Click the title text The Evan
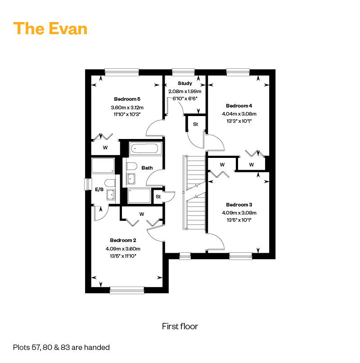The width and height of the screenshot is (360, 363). pyautogui.click(x=50, y=28)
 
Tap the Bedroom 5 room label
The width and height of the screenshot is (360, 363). pyautogui.click(x=127, y=99)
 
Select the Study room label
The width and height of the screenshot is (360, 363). pyautogui.click(x=185, y=83)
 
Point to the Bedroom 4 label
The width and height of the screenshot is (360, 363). pyautogui.click(x=239, y=106)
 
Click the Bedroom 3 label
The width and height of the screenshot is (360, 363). pyautogui.click(x=239, y=205)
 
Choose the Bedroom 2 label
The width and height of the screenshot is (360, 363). pyautogui.click(x=123, y=240)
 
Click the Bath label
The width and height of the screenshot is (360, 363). pyautogui.click(x=147, y=168)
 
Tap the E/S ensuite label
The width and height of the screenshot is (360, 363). pyautogui.click(x=99, y=189)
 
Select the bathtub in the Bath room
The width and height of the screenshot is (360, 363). pyautogui.click(x=145, y=148)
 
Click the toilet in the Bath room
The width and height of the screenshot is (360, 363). pyautogui.click(x=132, y=166)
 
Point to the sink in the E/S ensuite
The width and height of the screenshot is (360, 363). pyautogui.click(x=111, y=195)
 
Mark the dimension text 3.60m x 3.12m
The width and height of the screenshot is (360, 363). pyautogui.click(x=127, y=108)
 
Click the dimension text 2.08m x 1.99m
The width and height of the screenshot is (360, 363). pyautogui.click(x=185, y=91)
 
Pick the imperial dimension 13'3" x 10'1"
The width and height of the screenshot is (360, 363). pyautogui.click(x=239, y=121)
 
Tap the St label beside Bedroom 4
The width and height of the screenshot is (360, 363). pyautogui.click(x=195, y=124)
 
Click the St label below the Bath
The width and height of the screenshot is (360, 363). pyautogui.click(x=158, y=197)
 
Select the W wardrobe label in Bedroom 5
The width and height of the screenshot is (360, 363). pyautogui.click(x=105, y=148)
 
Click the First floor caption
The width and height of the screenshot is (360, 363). pyautogui.click(x=180, y=327)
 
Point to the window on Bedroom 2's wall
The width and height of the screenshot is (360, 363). pyautogui.click(x=127, y=290)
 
